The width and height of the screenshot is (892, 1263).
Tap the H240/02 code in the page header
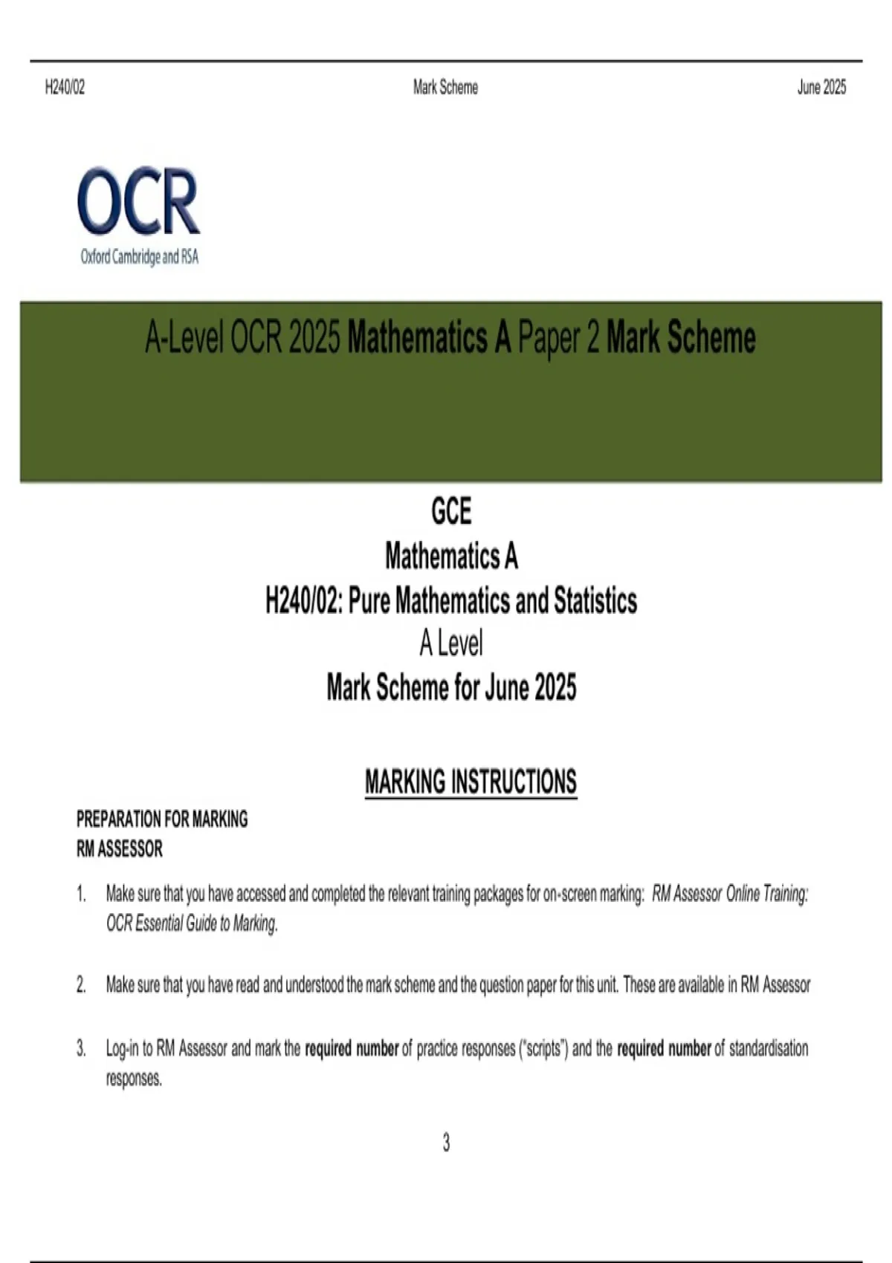(65, 88)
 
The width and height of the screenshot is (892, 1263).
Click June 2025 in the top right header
(821, 88)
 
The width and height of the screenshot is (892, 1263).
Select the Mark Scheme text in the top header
(445, 88)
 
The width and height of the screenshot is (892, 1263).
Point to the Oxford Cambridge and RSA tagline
(140, 257)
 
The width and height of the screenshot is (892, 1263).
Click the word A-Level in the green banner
(184, 339)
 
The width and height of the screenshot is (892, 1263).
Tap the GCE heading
(450, 511)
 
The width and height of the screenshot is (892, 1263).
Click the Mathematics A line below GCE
(450, 556)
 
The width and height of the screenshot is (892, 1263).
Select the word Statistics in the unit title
(595, 600)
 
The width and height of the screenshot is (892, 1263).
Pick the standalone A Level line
(450, 643)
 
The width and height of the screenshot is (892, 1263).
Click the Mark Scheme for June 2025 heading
(450, 688)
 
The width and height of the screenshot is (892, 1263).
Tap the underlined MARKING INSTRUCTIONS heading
(471, 782)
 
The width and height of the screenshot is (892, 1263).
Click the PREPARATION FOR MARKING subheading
(162, 819)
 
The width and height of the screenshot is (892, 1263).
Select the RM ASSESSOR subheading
(119, 848)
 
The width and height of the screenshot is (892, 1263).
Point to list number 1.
(81, 894)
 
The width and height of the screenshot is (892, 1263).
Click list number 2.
(81, 985)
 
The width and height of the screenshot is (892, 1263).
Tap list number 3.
(81, 1049)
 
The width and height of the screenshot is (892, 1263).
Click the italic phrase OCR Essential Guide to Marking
(192, 923)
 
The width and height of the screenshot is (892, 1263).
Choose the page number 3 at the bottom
(446, 1143)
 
